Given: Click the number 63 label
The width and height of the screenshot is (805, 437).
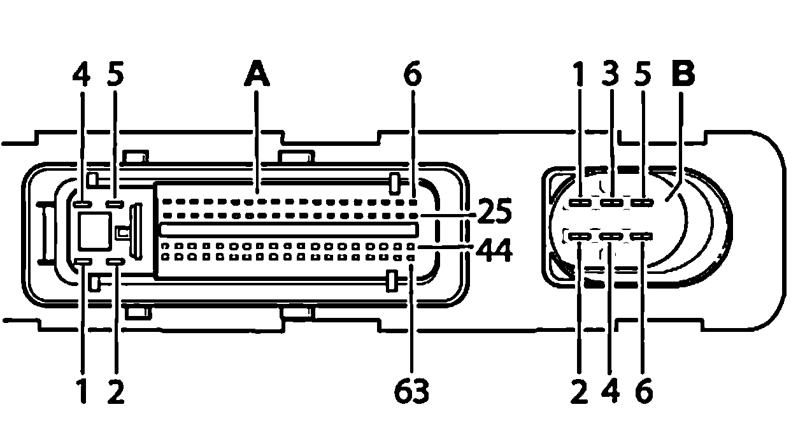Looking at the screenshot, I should (411, 391).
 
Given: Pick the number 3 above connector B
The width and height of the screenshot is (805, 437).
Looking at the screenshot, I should (612, 75).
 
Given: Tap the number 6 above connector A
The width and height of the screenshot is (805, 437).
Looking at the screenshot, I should (412, 75).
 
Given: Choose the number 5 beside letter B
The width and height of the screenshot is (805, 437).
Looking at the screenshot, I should (643, 75).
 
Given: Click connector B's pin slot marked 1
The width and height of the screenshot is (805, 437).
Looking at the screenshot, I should (580, 203).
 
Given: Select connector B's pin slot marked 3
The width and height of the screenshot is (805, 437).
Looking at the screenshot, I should (611, 203).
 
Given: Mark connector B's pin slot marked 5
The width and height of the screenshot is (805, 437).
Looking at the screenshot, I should (643, 203).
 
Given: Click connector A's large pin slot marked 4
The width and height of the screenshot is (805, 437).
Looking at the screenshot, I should (82, 204).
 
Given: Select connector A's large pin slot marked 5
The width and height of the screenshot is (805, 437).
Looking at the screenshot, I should (115, 204).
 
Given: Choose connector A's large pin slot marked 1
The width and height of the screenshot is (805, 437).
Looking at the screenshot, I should (82, 261).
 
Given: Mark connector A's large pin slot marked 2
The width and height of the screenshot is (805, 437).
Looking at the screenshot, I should (115, 261).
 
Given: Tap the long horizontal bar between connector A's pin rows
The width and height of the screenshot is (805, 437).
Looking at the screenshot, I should (288, 229).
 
